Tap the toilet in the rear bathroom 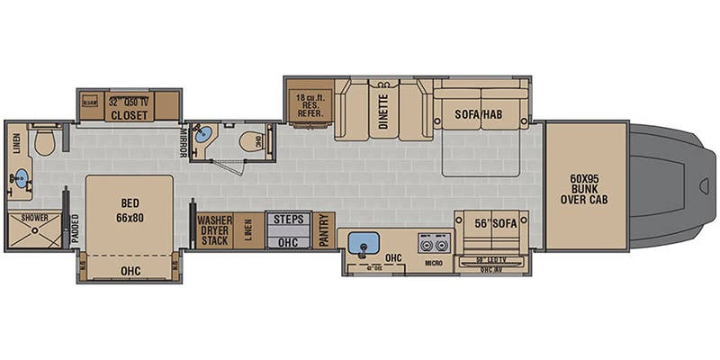click(x=44, y=140)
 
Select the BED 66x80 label click(x=129, y=210)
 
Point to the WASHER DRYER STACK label click(x=214, y=229)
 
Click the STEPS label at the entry click(x=288, y=219)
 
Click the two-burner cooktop click(x=434, y=244)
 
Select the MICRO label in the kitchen click(x=434, y=265)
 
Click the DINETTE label click(x=383, y=113)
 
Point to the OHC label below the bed click(x=130, y=267)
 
